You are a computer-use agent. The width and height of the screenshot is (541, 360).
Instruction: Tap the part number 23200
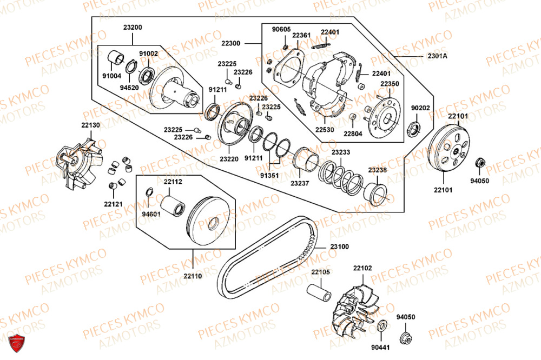133,28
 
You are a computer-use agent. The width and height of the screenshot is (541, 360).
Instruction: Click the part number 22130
91,125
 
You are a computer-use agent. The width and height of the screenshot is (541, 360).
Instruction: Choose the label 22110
192,276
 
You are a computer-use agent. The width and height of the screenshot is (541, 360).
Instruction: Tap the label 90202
420,108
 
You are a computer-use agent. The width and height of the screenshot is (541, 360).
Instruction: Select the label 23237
299,183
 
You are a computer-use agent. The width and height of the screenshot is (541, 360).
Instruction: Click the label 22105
320,271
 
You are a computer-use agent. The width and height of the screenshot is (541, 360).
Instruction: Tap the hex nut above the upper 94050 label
479,163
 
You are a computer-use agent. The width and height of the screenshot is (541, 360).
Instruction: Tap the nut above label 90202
413,128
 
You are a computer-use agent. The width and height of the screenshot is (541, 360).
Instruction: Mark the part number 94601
151,214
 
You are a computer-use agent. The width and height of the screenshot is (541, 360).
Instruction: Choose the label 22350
389,84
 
